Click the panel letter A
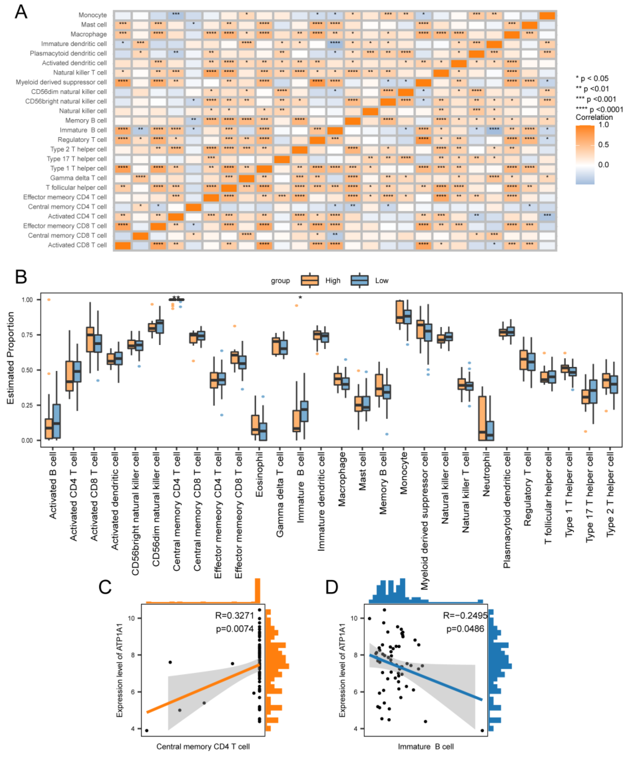tap(21, 12)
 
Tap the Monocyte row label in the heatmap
tap(93, 15)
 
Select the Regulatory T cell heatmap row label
tap(82, 140)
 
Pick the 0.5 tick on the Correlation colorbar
tap(603, 145)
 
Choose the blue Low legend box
tap(359, 280)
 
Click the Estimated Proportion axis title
tap(11, 358)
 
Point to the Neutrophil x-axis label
tap(486, 474)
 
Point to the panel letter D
tap(331, 587)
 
